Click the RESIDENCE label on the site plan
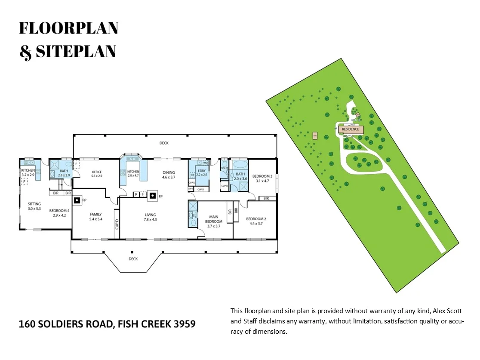(x=351, y=129)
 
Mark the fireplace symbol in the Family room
(x=77, y=200)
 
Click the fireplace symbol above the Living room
(x=152, y=197)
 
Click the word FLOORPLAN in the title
(x=69, y=28)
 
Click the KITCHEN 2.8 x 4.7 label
(x=133, y=173)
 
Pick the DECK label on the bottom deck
(x=133, y=259)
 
